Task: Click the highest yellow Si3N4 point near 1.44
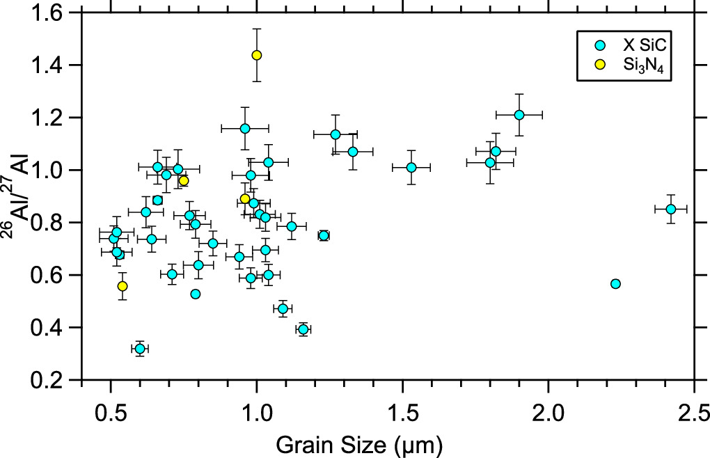(x=257, y=55)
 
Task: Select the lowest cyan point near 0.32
(x=140, y=348)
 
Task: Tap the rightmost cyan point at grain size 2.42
(x=671, y=209)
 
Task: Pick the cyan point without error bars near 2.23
(x=615, y=283)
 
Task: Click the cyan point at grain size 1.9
(x=519, y=115)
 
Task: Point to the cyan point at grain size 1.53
(x=411, y=167)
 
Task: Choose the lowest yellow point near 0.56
(x=123, y=286)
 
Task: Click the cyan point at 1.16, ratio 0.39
(x=303, y=329)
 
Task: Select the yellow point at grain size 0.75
(x=184, y=181)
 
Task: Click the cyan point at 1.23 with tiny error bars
(x=324, y=235)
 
